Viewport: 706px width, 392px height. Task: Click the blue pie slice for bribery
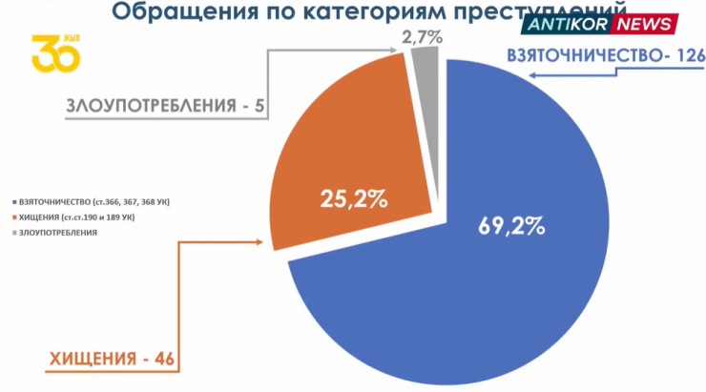coord(496,286)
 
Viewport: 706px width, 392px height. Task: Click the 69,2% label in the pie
coord(510,226)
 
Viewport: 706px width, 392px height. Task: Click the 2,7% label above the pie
coord(421,39)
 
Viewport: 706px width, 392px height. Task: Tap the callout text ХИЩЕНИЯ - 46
coord(111,361)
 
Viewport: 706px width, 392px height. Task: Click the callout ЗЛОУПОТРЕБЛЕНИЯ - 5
coord(165,105)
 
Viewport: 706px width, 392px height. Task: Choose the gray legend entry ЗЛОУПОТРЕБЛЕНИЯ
coord(57,233)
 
